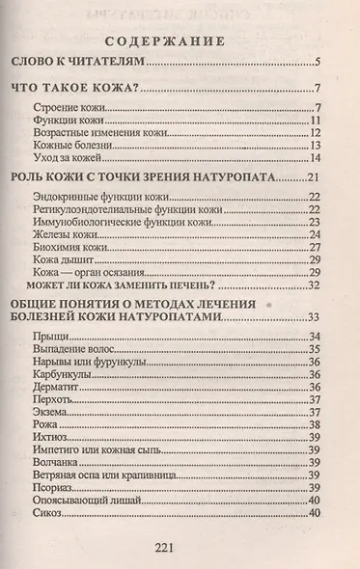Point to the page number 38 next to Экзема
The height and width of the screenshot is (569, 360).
[315, 412]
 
